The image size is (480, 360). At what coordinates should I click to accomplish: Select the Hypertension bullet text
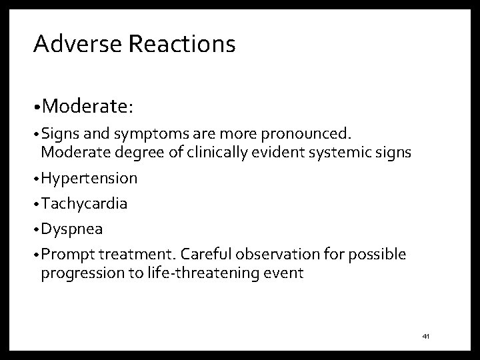tap(89, 179)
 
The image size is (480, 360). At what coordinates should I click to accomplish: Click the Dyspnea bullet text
tap(72, 229)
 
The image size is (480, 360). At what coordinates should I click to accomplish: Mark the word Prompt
tap(65, 255)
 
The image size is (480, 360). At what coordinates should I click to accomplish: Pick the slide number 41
tap(426, 337)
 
